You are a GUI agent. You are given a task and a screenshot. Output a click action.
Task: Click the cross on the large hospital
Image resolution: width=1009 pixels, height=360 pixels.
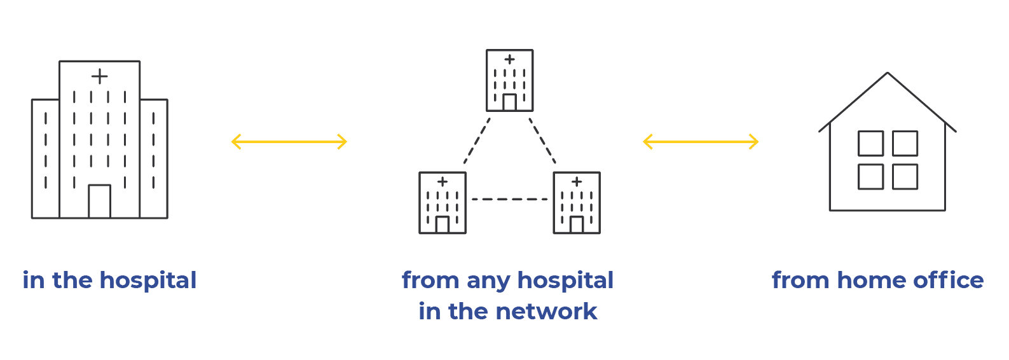pos(99,76)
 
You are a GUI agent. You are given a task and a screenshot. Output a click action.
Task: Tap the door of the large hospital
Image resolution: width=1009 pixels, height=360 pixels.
pos(99,202)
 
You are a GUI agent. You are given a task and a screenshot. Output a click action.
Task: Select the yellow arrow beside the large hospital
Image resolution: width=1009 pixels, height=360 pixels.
pos(289,141)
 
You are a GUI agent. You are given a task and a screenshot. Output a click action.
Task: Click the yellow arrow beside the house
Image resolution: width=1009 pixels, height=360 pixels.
pos(701,141)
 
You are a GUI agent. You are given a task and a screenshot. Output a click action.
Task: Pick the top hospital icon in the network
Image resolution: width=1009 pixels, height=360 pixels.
pos(509,81)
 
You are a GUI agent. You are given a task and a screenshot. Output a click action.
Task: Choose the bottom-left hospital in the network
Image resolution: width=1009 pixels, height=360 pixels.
pos(443,203)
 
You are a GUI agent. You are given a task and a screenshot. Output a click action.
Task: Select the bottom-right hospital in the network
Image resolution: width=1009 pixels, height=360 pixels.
pos(577,203)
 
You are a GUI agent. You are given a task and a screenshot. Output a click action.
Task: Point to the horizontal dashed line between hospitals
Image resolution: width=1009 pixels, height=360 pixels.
pos(509,199)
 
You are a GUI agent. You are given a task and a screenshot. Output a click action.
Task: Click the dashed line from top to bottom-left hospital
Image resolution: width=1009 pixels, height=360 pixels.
pos(477,141)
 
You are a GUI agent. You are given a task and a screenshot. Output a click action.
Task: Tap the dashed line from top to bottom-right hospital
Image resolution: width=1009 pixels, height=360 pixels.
pos(542,141)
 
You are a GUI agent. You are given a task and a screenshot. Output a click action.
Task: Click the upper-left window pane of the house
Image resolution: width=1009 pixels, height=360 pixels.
pos(870,143)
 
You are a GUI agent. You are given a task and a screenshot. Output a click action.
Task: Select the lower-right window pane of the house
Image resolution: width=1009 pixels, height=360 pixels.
pos(905,177)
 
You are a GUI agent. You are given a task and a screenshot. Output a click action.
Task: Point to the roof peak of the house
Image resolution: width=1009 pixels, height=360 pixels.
pos(887,73)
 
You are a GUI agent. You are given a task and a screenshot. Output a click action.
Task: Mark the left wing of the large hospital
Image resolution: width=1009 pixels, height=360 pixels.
pos(45,159)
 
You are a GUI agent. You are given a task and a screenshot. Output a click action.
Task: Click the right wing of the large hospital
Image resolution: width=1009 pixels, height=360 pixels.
pos(153,159)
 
